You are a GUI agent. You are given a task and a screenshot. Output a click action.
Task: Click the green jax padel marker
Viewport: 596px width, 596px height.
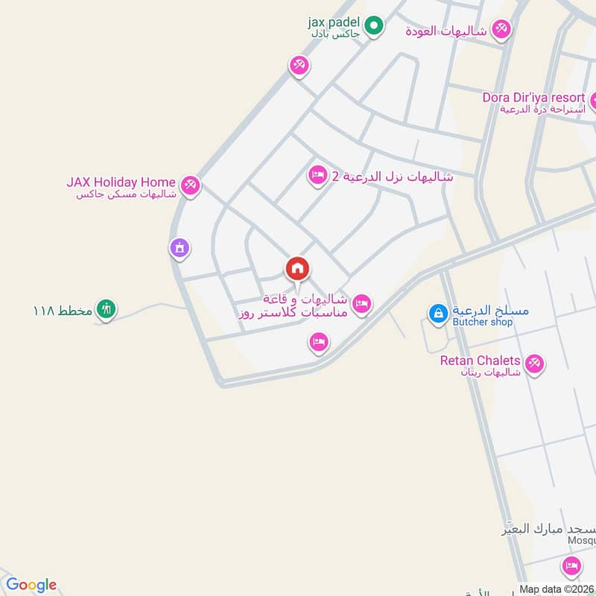point(375,28)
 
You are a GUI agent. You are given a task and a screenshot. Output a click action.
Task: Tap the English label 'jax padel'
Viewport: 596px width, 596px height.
point(333,22)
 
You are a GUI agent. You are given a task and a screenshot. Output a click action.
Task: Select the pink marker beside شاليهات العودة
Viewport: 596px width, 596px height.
point(501,30)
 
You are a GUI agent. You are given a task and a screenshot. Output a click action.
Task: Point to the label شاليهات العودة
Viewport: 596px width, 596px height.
point(446,31)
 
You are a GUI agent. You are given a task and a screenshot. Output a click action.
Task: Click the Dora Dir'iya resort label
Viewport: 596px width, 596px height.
point(533,97)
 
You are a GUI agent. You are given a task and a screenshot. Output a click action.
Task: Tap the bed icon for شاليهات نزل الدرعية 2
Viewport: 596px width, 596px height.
point(317,176)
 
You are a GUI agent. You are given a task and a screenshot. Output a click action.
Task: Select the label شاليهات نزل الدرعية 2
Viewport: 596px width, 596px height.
point(392,177)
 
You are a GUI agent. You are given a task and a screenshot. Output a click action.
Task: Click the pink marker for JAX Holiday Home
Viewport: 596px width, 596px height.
point(191,184)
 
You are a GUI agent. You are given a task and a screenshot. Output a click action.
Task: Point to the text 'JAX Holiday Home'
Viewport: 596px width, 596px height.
point(121,182)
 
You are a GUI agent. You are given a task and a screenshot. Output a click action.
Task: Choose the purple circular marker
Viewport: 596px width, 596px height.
point(179,248)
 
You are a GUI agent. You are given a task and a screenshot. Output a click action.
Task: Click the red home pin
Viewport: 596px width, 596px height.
point(297,268)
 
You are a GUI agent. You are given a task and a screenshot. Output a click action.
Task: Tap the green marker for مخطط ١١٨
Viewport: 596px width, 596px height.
point(107,309)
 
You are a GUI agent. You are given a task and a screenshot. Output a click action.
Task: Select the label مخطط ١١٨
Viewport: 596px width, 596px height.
point(63,310)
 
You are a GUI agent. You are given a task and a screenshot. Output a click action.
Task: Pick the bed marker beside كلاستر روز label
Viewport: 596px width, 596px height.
point(362,303)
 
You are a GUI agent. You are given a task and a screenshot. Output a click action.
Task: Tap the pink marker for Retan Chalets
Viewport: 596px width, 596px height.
point(533,364)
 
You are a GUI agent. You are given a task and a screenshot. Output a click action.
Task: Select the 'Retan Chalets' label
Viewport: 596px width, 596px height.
point(480,361)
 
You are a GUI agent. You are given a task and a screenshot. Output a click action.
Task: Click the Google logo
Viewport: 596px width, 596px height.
point(31,585)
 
